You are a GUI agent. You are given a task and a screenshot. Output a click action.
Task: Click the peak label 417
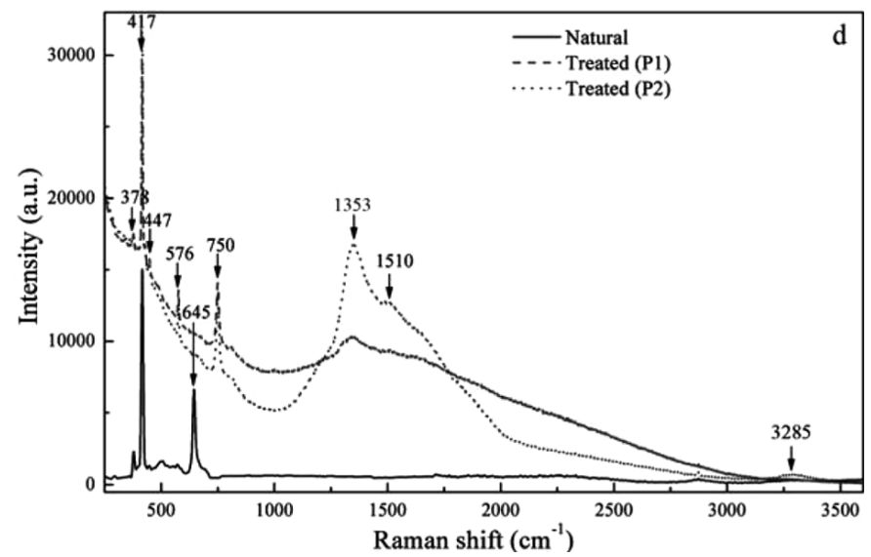pos(141,19)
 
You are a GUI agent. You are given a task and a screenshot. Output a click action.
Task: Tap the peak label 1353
pos(353,206)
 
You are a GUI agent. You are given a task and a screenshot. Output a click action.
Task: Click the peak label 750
pos(222,245)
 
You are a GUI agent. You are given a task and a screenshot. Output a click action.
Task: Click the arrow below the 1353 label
pos(353,227)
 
